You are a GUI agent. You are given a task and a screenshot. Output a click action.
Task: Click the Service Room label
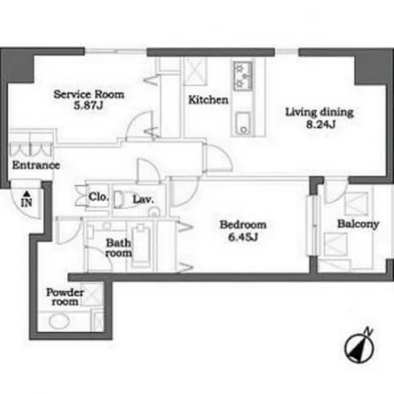[89, 94]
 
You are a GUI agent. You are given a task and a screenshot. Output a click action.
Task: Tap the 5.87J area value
[88, 105]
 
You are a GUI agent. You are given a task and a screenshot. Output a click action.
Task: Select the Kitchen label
[208, 100]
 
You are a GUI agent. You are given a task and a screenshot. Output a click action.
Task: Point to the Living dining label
[319, 112]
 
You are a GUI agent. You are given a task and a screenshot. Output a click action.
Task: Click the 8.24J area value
[321, 124]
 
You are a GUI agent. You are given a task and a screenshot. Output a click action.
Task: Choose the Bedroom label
[243, 224]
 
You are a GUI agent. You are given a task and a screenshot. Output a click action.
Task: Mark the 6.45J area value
[243, 237]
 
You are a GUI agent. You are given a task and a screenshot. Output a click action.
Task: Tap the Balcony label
[358, 224]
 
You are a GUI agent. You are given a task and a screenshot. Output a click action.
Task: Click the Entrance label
[36, 165]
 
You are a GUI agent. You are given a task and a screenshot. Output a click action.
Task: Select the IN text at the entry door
[27, 202]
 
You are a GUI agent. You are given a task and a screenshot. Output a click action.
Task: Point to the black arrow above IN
[27, 194]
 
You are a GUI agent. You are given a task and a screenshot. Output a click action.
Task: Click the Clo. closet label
[98, 197]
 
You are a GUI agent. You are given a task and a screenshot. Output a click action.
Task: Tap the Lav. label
[143, 200]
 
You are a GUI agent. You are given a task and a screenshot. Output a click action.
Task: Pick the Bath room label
[118, 248]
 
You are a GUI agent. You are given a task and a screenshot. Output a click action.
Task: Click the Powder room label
[65, 297]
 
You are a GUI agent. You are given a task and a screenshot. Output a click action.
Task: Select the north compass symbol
[359, 346]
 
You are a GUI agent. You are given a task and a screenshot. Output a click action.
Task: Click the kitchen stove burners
[243, 76]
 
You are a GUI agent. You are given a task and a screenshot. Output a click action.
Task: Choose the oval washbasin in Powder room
[59, 322]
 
